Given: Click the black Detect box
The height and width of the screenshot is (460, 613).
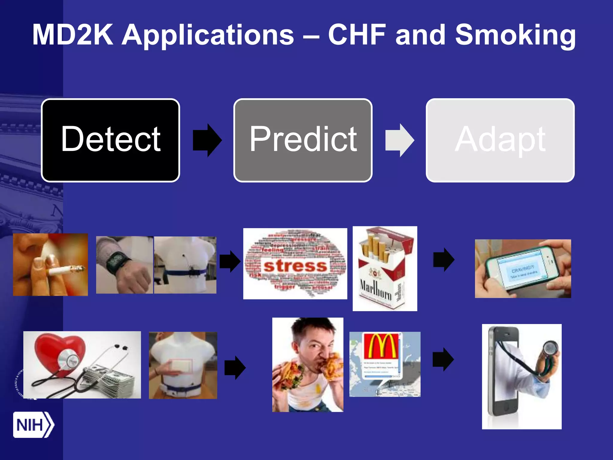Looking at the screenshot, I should point(110,140).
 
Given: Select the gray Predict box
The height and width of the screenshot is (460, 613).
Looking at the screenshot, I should point(303,140).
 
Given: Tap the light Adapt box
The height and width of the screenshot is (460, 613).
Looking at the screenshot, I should point(500,140).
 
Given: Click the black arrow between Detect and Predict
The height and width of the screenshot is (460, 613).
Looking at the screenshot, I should point(207,140).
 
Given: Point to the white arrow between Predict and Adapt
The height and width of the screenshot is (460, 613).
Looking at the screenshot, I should point(400,140).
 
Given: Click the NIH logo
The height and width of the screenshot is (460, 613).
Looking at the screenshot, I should point(33,425).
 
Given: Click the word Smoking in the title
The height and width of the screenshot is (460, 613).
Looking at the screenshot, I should point(515,35).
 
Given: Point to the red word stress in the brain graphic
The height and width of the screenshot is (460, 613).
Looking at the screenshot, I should point(295,266).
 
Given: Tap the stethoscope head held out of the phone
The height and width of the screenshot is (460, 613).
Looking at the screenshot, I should point(550,349).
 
